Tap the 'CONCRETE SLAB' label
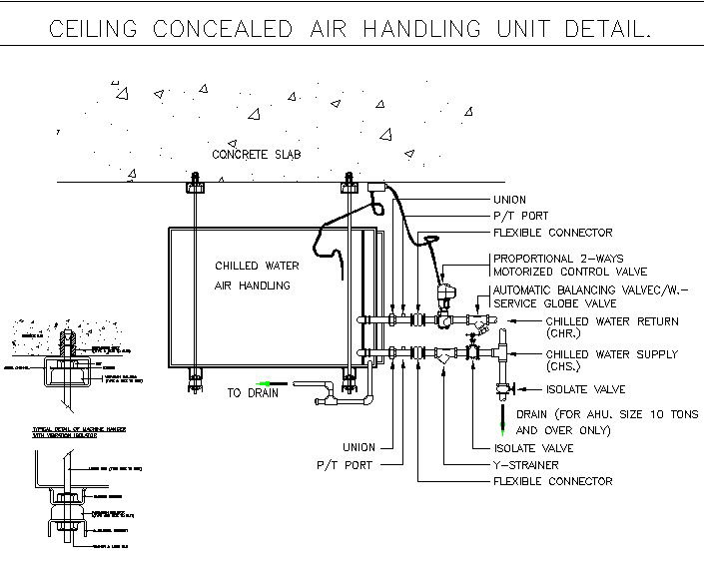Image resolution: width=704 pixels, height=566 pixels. click(x=256, y=155)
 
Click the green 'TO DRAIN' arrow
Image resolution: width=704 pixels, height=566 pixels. click(x=266, y=383)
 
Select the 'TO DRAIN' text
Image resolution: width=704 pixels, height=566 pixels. click(x=251, y=393)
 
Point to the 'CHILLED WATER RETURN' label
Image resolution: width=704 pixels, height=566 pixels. click(x=611, y=321)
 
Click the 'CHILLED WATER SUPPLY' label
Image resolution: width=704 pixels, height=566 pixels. click(x=611, y=354)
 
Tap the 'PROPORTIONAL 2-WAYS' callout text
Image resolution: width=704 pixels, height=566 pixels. click(x=562, y=259)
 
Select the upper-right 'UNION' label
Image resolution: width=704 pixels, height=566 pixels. click(x=509, y=200)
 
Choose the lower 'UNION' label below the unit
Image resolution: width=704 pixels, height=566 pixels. click(x=358, y=447)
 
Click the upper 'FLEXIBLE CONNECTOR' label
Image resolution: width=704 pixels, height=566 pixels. click(x=552, y=233)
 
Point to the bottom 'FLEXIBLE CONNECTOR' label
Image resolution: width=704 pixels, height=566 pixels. click(x=552, y=481)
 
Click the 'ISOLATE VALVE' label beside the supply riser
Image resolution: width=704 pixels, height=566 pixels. click(x=585, y=389)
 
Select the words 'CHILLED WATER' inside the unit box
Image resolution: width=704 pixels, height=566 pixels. click(x=257, y=267)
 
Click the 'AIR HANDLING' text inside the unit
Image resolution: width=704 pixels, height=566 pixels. click(x=253, y=285)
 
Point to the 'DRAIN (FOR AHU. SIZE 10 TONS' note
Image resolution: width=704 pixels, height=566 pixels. click(x=596, y=414)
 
